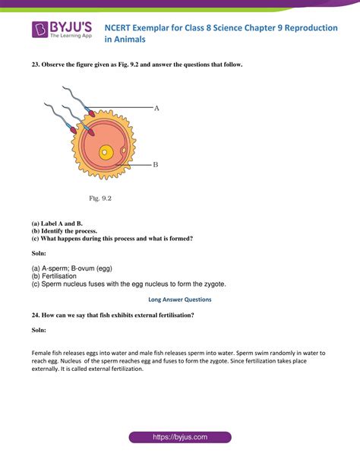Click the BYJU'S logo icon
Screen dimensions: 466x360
(x=40, y=30)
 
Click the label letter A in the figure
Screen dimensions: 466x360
(x=156, y=109)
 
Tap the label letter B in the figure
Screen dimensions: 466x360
(x=155, y=163)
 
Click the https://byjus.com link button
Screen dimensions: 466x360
(x=179, y=438)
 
